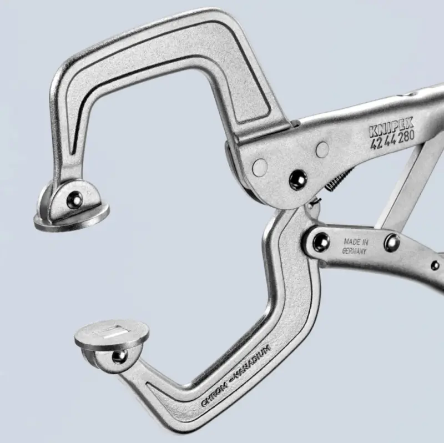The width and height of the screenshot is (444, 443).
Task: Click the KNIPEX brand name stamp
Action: [391, 127]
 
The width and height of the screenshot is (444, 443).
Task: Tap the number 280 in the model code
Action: [406, 136]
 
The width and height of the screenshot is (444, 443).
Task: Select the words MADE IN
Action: [356, 242]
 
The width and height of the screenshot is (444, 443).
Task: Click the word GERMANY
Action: [354, 251]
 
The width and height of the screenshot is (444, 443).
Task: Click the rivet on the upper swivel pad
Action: [74, 199]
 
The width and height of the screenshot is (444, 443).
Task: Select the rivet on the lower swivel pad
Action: [119, 356]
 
